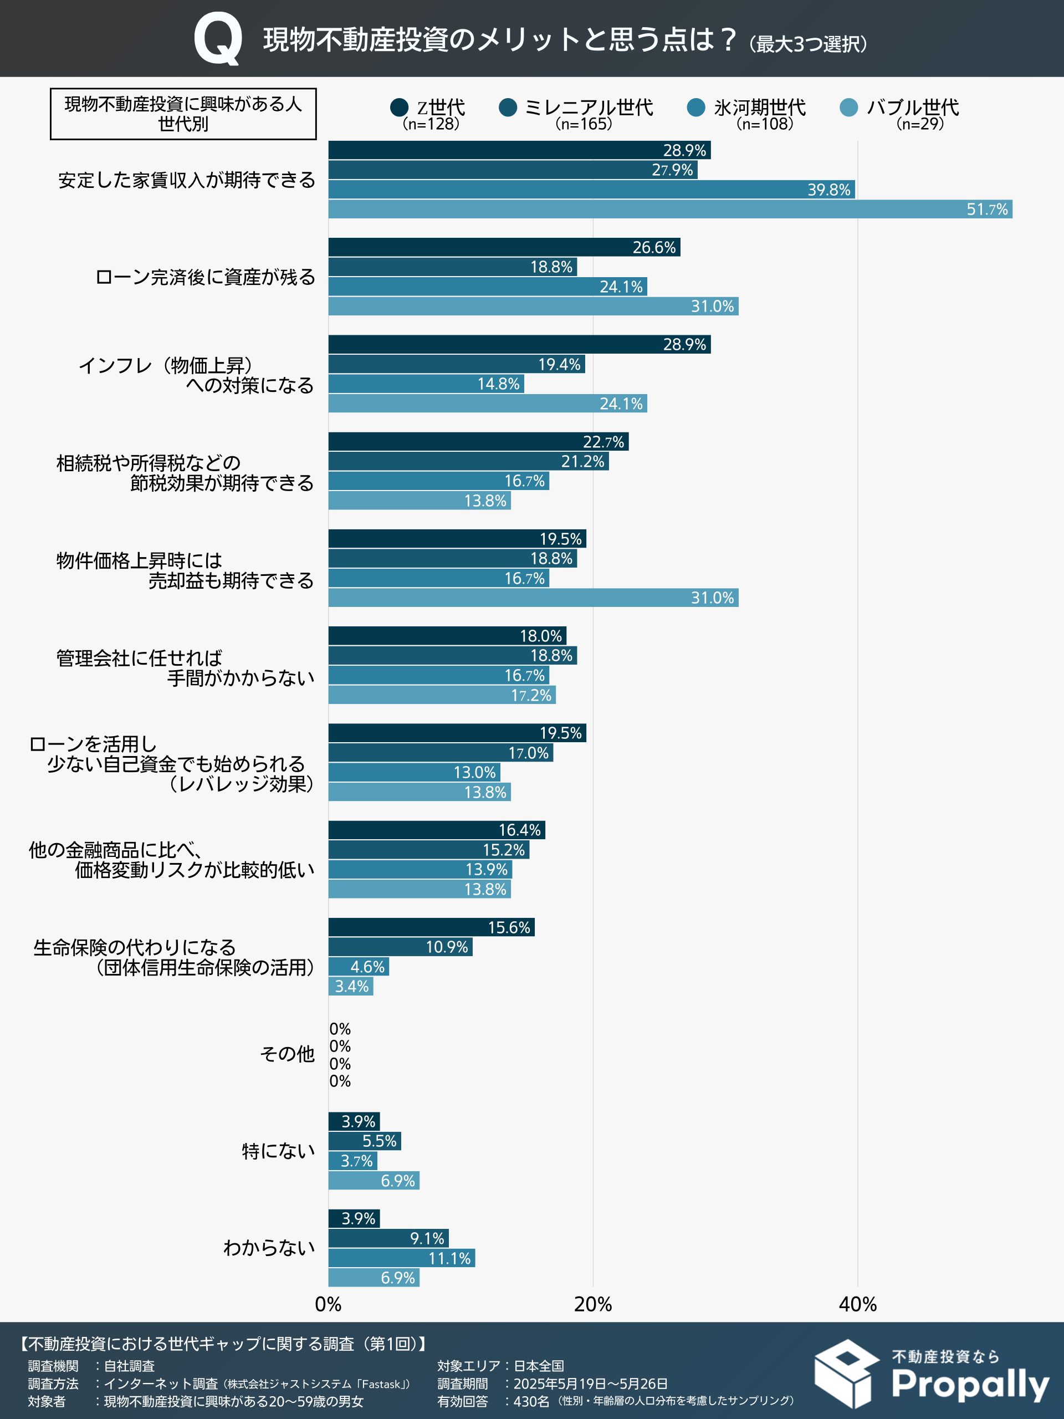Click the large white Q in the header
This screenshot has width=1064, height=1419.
(218, 40)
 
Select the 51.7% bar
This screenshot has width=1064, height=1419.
(669, 209)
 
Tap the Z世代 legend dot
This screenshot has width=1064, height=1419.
(399, 107)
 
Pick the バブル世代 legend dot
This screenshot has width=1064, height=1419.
(848, 107)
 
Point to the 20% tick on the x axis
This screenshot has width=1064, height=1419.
(592, 1304)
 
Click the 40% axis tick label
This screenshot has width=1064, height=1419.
(857, 1304)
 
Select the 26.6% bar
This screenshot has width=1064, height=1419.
(504, 248)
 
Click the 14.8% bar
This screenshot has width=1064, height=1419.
(426, 384)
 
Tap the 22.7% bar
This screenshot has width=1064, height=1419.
(478, 442)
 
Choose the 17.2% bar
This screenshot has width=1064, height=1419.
(442, 695)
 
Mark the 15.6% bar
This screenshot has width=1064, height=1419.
(431, 927)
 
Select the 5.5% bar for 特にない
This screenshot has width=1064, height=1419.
(364, 1141)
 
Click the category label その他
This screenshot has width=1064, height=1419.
(287, 1054)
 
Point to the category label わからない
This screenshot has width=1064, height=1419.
(269, 1248)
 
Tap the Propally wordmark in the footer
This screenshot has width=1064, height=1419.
(970, 1385)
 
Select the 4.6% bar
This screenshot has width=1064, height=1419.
(359, 967)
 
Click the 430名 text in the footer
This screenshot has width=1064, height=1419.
(531, 1402)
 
